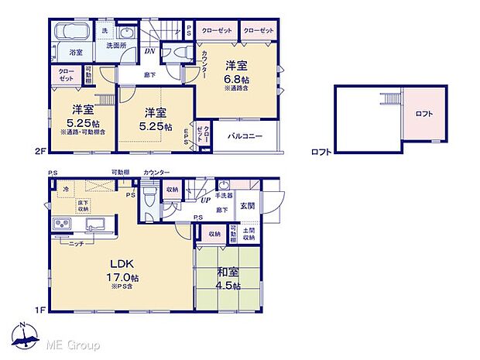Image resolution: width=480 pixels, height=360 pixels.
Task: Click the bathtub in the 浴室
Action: click(x=74, y=34)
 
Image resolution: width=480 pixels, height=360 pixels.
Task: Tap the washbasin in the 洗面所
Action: click(x=127, y=33)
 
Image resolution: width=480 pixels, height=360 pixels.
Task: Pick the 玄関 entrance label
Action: click(x=247, y=205)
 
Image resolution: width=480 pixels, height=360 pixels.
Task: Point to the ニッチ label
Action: click(x=76, y=243)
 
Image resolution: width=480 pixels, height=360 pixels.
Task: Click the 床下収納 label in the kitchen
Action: click(x=83, y=204)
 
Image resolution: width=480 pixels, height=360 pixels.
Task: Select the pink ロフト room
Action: click(x=423, y=114)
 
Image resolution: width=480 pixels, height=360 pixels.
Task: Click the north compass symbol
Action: click(x=26, y=335)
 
